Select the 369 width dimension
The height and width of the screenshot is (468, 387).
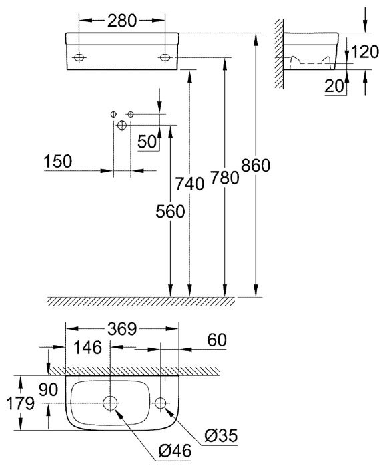click(122, 328)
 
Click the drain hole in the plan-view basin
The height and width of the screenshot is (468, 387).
click(111, 403)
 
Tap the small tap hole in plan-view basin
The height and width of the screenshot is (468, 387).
click(161, 403)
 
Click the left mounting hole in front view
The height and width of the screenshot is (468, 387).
click(79, 58)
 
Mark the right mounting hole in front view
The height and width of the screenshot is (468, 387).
click(164, 58)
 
